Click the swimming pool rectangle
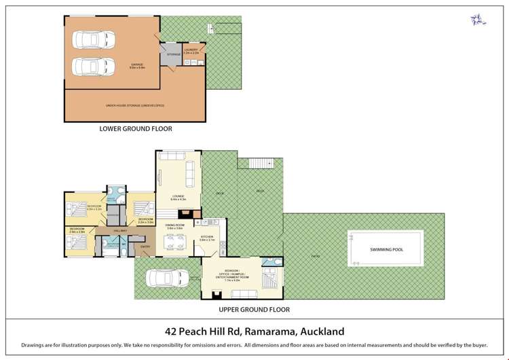pos(386,249)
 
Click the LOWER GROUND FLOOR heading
pos(136,128)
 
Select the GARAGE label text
pos(137,65)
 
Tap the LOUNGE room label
pos(178,197)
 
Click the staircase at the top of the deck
pos(270,163)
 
